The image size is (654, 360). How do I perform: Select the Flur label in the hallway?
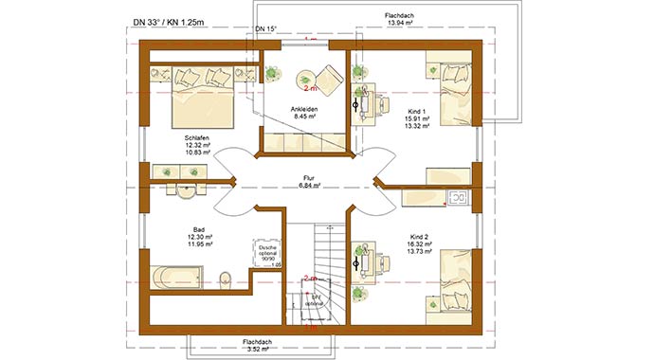pos(308,177)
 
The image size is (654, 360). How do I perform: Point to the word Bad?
pos(199,229)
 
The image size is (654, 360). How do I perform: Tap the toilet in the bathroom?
pos(225,279)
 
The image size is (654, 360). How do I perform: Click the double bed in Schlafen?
pos(202,101)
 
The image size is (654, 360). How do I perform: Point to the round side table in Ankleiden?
pos(308,80)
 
